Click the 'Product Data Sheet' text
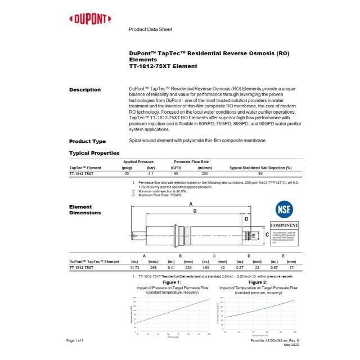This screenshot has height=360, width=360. click(x=150, y=29)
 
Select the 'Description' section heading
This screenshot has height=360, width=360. click(x=85, y=89)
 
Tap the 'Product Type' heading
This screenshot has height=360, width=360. click(x=87, y=141)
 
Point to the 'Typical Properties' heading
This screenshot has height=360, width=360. click(x=94, y=152)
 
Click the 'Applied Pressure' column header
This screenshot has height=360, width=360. click(x=138, y=161)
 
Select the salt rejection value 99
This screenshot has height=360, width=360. click(x=260, y=174)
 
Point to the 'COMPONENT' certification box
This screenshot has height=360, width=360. click(x=283, y=225)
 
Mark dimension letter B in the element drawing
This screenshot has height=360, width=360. click(x=195, y=211)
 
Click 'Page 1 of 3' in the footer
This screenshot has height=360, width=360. click(x=75, y=341)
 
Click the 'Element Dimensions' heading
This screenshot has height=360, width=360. click(x=85, y=210)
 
